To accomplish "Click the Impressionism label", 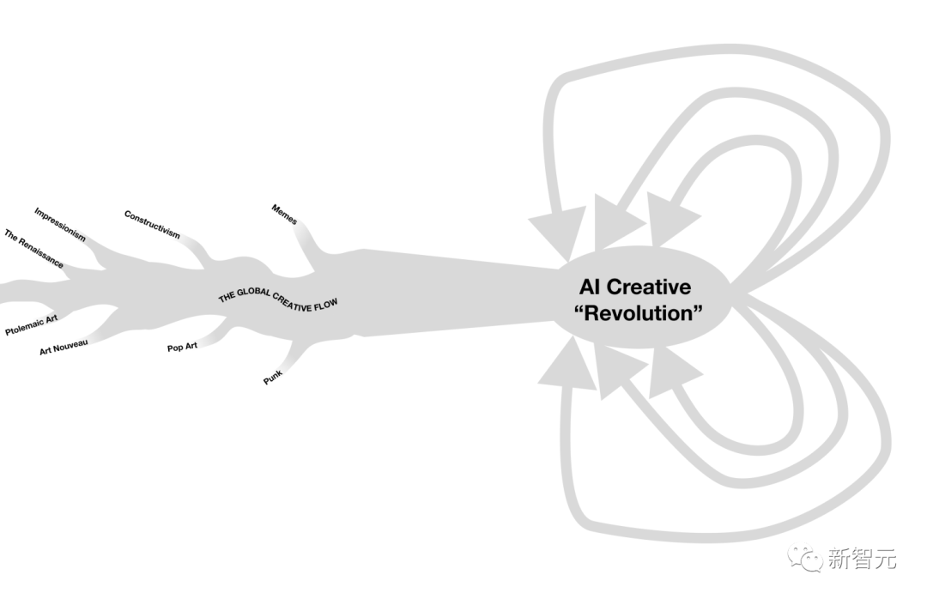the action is pos(60,224).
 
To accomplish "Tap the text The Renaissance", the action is pos(33,249).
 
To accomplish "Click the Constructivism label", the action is pos(152,225).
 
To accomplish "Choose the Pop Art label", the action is pos(182,347).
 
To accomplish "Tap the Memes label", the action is pos(284,215).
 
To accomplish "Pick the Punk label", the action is pos(273,376).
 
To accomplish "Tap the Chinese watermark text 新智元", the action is pos(862,560).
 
